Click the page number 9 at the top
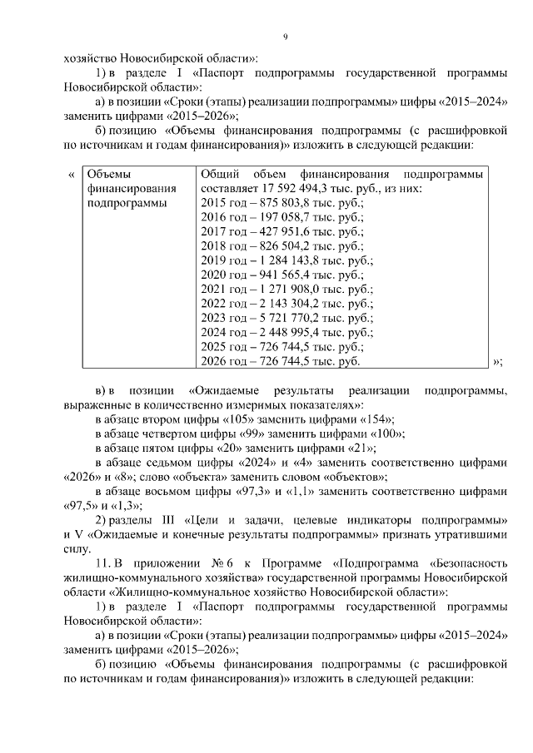pyautogui.click(x=285, y=37)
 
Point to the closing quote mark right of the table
pyautogui.click(x=497, y=361)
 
